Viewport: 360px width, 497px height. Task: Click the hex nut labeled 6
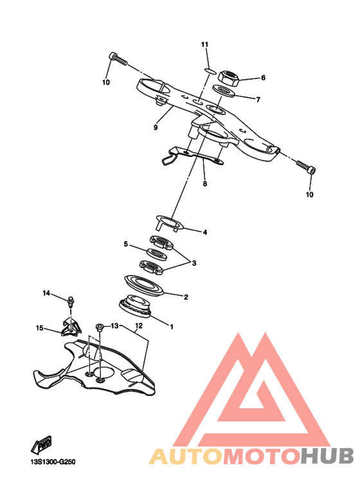228,78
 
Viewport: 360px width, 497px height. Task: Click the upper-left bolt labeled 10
118,59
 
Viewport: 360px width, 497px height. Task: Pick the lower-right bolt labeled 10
306,167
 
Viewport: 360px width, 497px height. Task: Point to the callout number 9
156,127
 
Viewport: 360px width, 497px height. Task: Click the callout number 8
205,183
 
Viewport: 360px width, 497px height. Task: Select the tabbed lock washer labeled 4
170,222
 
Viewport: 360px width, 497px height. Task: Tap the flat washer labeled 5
157,254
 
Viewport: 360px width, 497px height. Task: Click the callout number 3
194,263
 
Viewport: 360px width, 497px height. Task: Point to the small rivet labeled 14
70,302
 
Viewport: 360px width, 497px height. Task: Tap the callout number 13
114,326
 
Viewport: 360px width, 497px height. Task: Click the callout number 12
138,325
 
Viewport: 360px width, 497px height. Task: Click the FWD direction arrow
42,445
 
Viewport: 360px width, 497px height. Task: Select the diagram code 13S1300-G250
53,462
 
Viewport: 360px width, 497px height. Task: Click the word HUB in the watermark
327,456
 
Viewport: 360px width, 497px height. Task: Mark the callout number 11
205,44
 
